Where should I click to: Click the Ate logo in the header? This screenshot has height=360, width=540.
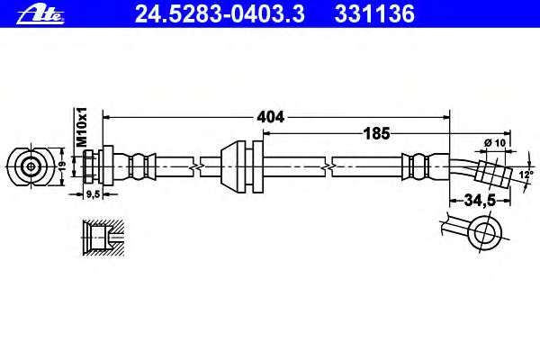40,14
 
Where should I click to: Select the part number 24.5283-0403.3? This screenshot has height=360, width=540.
220,14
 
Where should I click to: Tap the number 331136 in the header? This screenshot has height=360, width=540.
374,14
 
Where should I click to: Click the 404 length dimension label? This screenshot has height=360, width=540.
270,117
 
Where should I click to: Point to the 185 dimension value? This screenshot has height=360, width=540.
377,133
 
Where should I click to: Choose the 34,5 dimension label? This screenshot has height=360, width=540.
480,200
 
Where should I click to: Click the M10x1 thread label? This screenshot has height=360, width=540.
82,127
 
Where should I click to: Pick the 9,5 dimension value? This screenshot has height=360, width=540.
93,194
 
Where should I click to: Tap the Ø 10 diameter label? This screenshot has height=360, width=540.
495,142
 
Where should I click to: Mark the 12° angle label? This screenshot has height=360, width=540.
526,175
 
